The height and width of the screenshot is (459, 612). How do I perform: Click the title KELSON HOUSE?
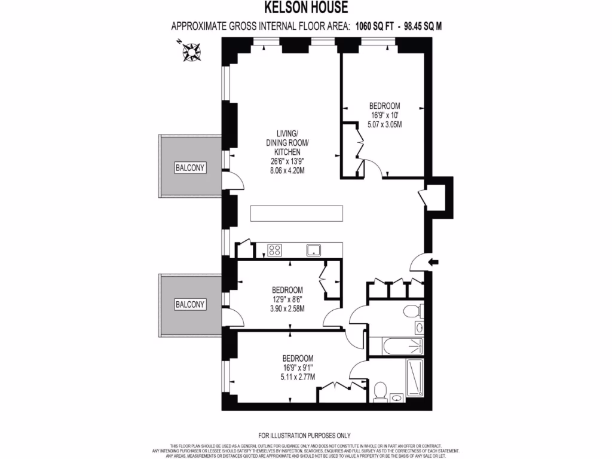(x=305, y=8)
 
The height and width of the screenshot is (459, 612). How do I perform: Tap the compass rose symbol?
(x=191, y=51)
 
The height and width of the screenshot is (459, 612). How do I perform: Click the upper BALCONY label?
(x=190, y=168)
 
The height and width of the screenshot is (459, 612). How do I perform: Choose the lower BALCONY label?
(x=190, y=305)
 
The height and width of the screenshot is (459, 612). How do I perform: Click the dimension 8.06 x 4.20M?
(x=287, y=170)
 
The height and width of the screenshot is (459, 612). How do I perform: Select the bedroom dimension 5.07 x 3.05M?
(x=384, y=125)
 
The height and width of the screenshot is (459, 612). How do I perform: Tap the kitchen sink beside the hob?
(x=314, y=250)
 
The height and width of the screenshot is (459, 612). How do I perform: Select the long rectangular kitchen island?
(x=297, y=213)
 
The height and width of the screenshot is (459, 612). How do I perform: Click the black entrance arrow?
(x=434, y=261)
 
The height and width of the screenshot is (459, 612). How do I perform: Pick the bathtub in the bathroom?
(x=396, y=345)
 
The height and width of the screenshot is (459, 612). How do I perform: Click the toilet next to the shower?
(x=380, y=391)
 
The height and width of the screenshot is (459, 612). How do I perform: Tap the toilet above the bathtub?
(x=410, y=311)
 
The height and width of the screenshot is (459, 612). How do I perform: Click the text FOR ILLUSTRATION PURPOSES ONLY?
(x=305, y=435)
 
